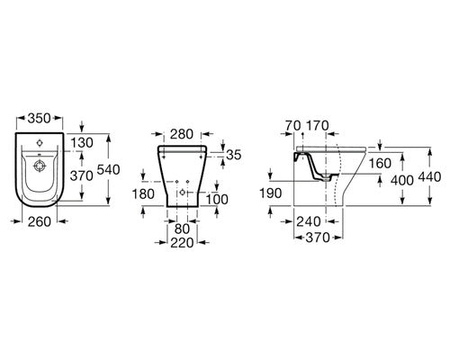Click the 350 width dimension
tap(40, 119)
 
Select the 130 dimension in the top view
tap(82, 143)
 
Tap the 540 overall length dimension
tap(108, 170)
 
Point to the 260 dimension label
tap(40, 221)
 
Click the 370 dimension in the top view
tap(82, 175)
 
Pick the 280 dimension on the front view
tap(182, 134)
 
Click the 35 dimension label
tap(234, 155)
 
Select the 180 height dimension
tap(143, 194)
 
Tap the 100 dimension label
tap(217, 200)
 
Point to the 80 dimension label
tap(182, 229)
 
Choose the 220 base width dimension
tap(182, 243)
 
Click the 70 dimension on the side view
tap(292, 126)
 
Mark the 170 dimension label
tap(317, 126)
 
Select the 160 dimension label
tap(380, 164)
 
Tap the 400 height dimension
tap(402, 180)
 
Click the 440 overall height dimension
tap(429, 177)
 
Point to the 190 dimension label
tap(271, 193)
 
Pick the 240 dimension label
tap(309, 221)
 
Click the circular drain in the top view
tap(39, 166)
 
